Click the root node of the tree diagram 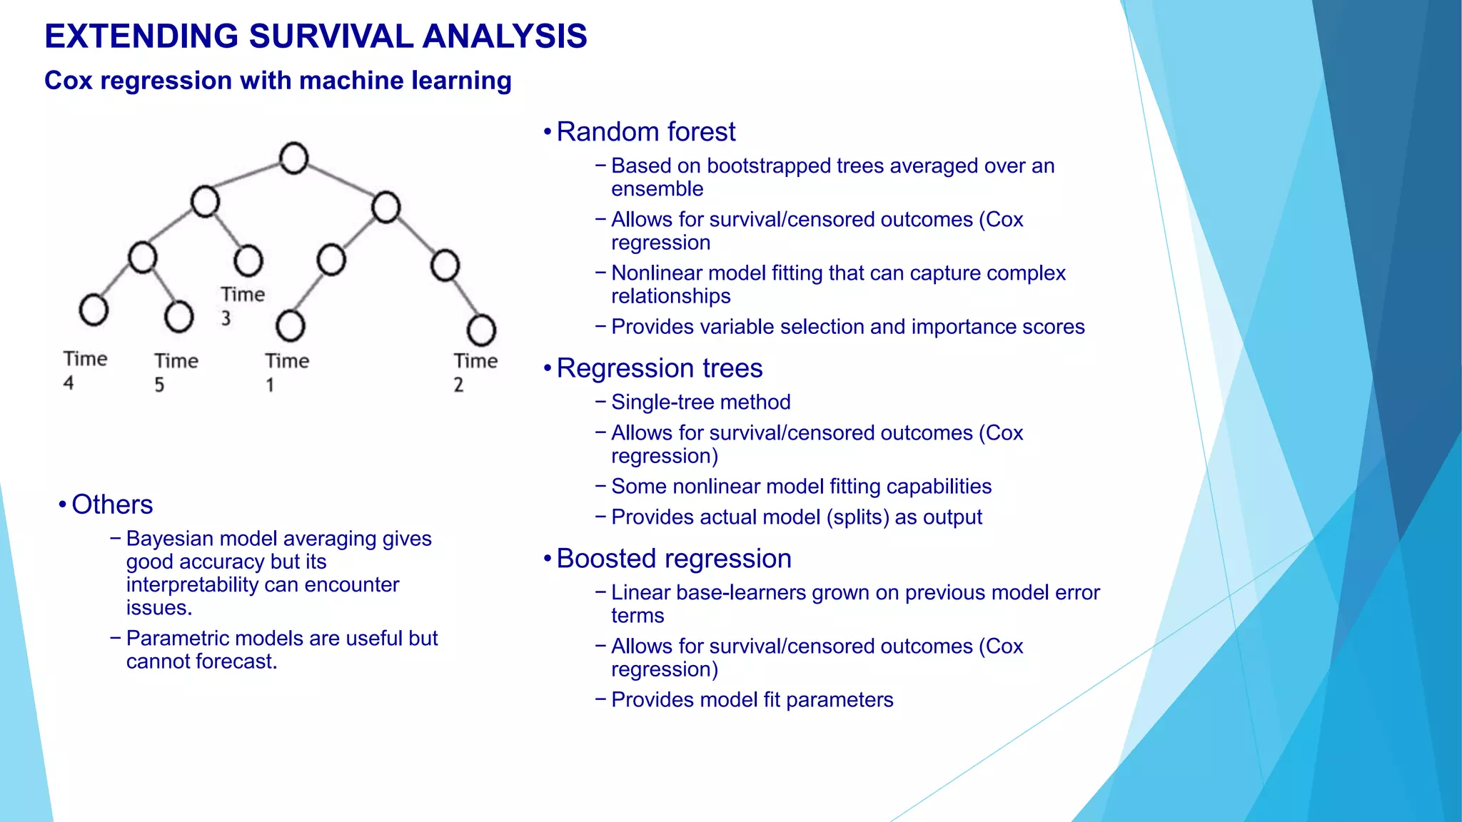(x=293, y=158)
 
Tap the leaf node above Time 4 (x=94, y=310)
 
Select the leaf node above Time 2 (x=481, y=330)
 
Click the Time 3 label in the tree (x=241, y=305)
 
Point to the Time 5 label (x=176, y=372)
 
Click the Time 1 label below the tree (x=286, y=372)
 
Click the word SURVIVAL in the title (x=331, y=36)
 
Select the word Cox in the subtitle (x=69, y=81)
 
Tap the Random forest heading (x=645, y=132)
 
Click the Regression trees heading (x=659, y=368)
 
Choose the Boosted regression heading (x=673, y=559)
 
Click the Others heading (x=112, y=504)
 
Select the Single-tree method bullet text (x=700, y=402)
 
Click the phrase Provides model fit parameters (x=752, y=700)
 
